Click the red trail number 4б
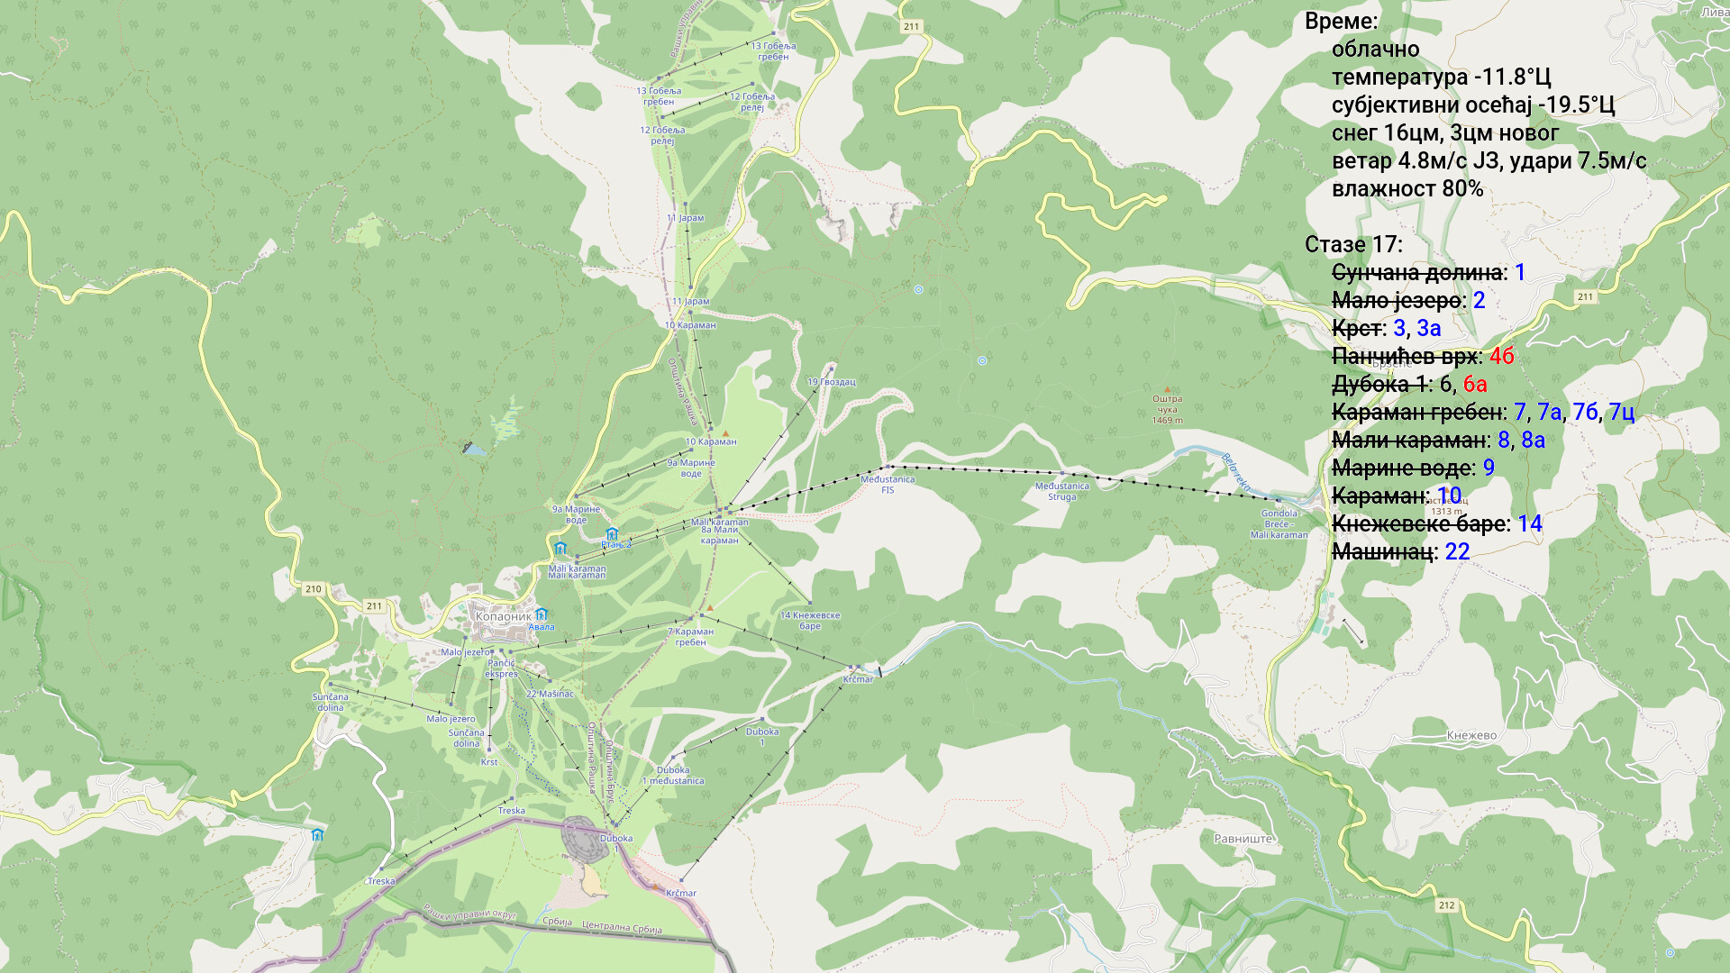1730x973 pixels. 1501,356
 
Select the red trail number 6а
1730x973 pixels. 1475,384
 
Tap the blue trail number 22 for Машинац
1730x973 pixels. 1457,551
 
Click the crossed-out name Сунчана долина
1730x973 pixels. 1416,272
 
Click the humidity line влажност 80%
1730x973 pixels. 1407,188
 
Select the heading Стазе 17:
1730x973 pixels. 1352,244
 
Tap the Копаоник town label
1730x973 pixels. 503,617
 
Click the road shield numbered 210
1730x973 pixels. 314,589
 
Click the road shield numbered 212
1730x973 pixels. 1446,905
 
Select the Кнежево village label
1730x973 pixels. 1471,735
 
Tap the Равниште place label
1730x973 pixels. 1243,839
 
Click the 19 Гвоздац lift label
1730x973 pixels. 831,382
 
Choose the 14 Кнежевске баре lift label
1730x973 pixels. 809,621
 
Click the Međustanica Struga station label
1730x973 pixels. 1061,491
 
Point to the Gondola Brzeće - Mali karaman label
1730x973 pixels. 1279,524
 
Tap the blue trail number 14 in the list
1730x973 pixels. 1529,523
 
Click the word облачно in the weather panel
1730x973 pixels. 1375,49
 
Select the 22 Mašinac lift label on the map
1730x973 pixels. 550,694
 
